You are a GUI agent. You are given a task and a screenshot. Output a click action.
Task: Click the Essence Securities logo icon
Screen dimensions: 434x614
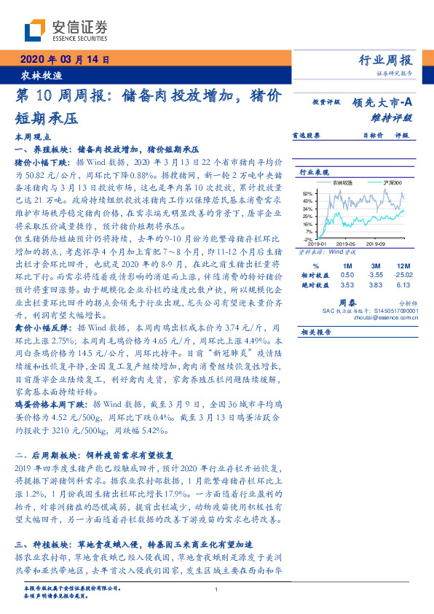[36, 28]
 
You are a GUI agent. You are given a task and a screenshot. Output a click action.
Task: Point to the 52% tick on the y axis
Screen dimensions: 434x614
[309, 193]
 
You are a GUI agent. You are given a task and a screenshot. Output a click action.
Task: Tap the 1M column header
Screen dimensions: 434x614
[347, 265]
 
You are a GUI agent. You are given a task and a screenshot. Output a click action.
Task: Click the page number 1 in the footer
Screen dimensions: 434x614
[217, 590]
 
